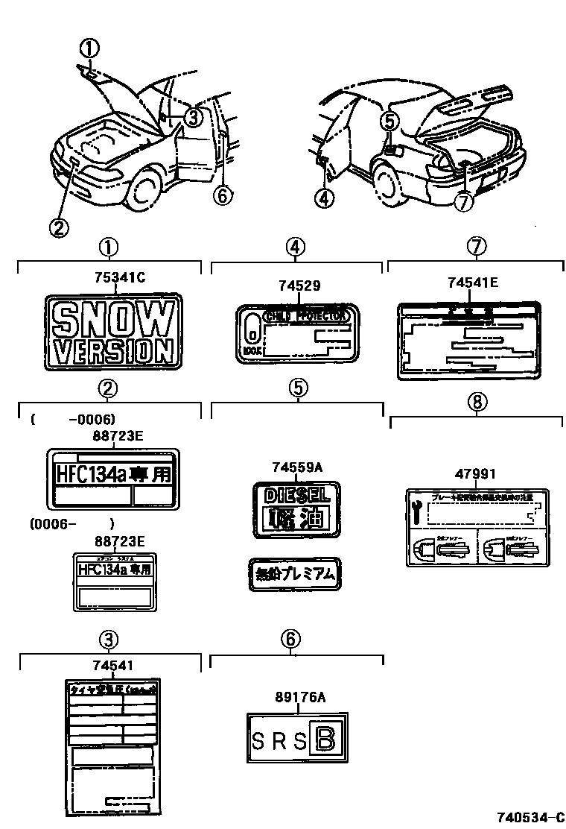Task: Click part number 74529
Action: click(x=297, y=286)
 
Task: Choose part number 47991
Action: click(x=474, y=473)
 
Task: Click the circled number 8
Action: click(x=477, y=403)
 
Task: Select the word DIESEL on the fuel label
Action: click(x=296, y=494)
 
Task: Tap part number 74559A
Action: click(x=296, y=467)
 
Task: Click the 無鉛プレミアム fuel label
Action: click(x=296, y=574)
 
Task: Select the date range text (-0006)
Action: click(x=91, y=420)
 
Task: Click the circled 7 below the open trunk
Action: click(x=464, y=202)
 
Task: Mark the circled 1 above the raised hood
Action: click(x=89, y=49)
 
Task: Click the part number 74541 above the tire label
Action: click(x=109, y=665)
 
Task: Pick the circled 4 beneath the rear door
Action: click(x=325, y=198)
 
